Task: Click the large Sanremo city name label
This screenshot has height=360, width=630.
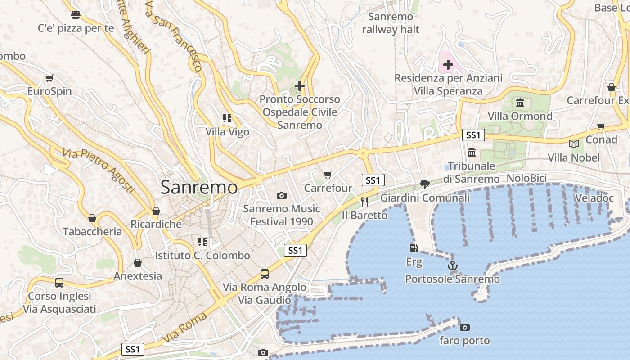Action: (199, 187)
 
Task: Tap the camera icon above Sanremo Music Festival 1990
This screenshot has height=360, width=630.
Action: (282, 195)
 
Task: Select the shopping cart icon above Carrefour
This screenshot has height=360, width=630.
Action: (328, 175)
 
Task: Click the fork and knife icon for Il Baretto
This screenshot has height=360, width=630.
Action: (364, 202)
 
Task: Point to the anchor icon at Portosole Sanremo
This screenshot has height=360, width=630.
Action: (453, 265)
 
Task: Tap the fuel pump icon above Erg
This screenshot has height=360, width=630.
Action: (414, 248)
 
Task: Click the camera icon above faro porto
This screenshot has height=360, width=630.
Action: (465, 327)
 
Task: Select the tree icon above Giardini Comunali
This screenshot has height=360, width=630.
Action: (424, 184)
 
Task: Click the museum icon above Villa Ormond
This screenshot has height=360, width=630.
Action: (520, 103)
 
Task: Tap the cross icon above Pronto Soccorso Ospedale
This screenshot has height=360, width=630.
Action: (300, 85)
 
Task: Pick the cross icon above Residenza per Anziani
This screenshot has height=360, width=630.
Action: (448, 65)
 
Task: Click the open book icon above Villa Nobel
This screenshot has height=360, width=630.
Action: (573, 144)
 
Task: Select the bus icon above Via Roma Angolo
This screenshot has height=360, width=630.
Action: (265, 274)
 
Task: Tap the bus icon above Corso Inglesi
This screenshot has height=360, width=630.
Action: (59, 283)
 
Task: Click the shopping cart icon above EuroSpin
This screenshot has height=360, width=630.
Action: (49, 78)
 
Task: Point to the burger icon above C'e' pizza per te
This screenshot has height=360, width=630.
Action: (76, 15)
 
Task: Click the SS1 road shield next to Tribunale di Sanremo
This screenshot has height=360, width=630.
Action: (473, 135)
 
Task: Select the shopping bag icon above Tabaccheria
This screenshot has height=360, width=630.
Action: (92, 218)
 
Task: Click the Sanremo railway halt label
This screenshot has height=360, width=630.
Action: (391, 23)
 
